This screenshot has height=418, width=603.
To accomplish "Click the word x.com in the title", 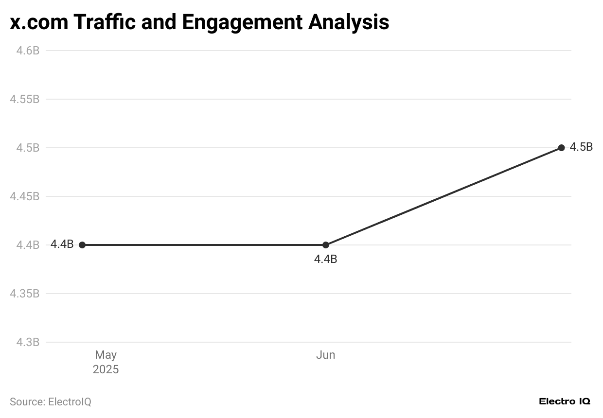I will pos(38,22).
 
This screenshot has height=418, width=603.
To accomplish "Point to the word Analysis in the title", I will pos(349,22).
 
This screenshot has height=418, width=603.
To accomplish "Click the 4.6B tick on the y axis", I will pos(28,51).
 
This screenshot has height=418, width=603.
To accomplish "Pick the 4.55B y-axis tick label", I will pos(25,99).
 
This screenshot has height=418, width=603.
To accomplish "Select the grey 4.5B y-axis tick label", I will pos(28,148).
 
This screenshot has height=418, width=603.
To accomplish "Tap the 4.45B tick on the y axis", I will pos(25,196).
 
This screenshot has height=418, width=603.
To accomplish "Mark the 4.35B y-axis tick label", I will pos(25,294).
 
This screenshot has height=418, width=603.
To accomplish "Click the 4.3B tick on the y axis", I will pos(28,342).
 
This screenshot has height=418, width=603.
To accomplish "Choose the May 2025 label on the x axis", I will pos(106,362).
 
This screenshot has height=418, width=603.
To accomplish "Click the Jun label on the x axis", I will pos(325,355).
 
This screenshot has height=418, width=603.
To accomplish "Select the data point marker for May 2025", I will pos(82,245).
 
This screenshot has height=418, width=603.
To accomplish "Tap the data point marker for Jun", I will pos(325,245).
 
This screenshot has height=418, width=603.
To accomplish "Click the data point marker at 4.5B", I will pos(561,148).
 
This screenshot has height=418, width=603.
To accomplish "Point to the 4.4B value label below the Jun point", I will pos(325,260).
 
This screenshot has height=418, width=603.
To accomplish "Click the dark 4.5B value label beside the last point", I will pos(581,147).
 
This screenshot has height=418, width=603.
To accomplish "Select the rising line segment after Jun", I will pos(443,197).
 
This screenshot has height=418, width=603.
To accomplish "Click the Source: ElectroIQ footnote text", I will pos(51,402).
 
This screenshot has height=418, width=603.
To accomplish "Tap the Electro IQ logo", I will pos(565,401).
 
